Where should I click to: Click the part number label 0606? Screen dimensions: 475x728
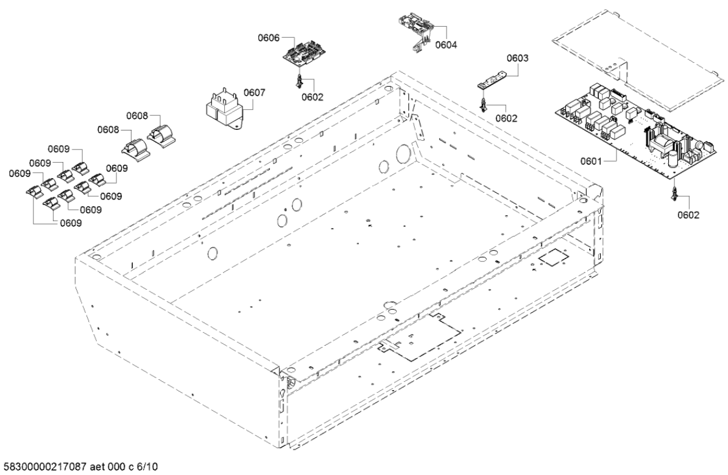point(269,38)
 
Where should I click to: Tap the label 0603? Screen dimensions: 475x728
point(518,59)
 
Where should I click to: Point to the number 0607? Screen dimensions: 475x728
point(254,93)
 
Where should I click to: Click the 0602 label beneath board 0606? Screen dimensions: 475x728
point(313,96)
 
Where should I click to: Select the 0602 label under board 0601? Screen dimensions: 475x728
point(688,215)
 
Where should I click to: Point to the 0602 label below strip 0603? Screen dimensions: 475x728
point(506,118)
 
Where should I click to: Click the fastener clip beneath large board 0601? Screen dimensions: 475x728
point(674,193)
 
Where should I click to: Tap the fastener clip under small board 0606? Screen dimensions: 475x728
point(299,80)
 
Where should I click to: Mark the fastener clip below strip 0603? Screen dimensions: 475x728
point(483,104)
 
